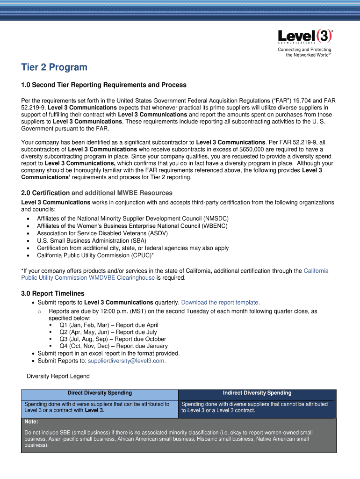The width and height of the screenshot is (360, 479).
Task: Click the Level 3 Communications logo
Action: pyautogui.click(x=305, y=37)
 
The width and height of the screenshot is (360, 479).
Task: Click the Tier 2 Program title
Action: pyautogui.click(x=54, y=67)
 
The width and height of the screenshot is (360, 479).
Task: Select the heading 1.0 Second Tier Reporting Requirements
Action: pyautogui.click(x=104, y=85)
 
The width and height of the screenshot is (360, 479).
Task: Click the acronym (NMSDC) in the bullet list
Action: pyautogui.click(x=216, y=218)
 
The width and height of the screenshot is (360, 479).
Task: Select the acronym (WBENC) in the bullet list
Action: pyautogui.click(x=215, y=226)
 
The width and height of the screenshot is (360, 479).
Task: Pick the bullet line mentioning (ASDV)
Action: pyautogui.click(x=102, y=233)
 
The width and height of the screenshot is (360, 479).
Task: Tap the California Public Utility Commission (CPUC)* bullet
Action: pyautogui.click(x=95, y=255)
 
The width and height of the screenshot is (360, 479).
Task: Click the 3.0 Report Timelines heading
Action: pyautogui.click(x=53, y=294)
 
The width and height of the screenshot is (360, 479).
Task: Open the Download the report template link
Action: pyautogui.click(x=220, y=303)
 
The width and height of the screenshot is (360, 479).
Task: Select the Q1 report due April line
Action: pyautogui.click(x=108, y=325)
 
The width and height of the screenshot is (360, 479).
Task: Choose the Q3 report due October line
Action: pyautogui.click(x=112, y=339)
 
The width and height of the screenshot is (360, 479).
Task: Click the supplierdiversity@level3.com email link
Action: pyautogui.click(x=126, y=361)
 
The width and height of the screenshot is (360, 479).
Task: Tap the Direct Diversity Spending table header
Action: pyautogui.click(x=100, y=393)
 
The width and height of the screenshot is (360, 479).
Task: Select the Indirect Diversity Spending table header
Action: pyautogui.click(x=257, y=393)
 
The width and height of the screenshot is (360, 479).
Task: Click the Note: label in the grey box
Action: pyautogui.click(x=31, y=422)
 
